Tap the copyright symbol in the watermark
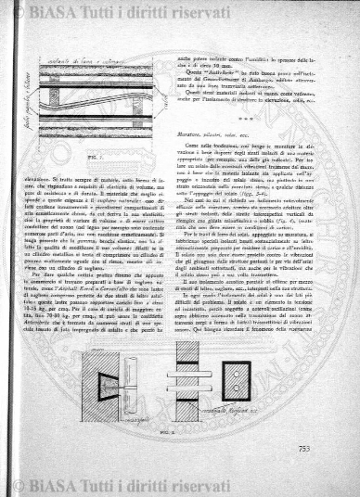[18, 12]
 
